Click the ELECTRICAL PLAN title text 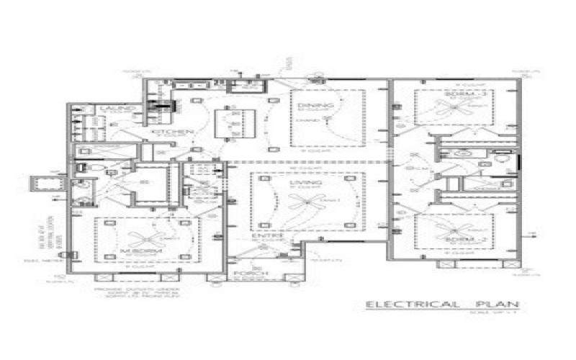442,305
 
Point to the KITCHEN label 173,132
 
